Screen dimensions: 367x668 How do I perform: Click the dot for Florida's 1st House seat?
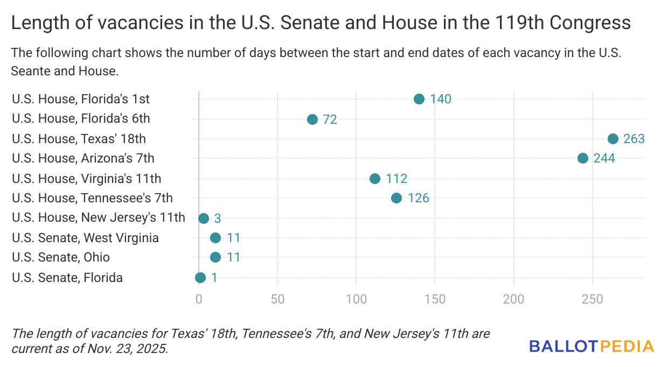(419, 99)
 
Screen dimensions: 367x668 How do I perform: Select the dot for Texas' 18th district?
(613, 139)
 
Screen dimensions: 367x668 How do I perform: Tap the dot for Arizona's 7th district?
(583, 158)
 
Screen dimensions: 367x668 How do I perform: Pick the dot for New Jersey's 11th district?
(204, 218)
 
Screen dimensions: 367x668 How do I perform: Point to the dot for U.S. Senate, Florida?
(200, 278)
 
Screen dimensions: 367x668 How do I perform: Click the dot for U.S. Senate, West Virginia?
(215, 238)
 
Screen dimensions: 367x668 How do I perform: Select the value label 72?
(330, 119)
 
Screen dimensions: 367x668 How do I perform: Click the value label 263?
(634, 139)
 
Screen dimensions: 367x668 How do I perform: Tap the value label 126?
(418, 198)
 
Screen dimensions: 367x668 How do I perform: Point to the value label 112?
(396, 179)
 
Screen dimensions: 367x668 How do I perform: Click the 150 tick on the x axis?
(435, 299)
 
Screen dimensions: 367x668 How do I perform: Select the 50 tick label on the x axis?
(277, 299)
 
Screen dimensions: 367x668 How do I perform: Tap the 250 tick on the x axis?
(593, 299)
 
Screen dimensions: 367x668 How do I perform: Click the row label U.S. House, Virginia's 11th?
(86, 179)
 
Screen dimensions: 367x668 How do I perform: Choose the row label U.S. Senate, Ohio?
(61, 257)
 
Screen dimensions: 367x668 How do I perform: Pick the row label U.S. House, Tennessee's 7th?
(92, 198)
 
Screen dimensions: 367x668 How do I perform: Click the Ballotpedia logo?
(592, 346)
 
